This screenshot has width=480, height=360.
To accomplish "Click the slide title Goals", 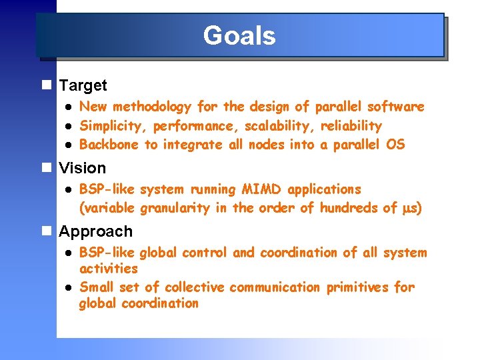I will pos(239,35).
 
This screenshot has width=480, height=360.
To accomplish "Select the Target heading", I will pos(83,85).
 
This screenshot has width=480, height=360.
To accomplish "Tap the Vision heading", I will pos(82,168).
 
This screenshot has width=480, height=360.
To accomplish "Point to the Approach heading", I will pos(95,232).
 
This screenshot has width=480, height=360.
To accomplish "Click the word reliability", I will pos(351,127).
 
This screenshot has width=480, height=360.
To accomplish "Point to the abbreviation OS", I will pos(396,145).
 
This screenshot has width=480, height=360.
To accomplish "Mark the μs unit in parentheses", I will pos(409,209).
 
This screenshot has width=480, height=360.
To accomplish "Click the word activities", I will pos(108,269).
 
